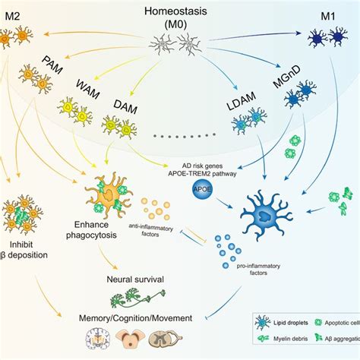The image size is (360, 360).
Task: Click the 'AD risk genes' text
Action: [x=202, y=165]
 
